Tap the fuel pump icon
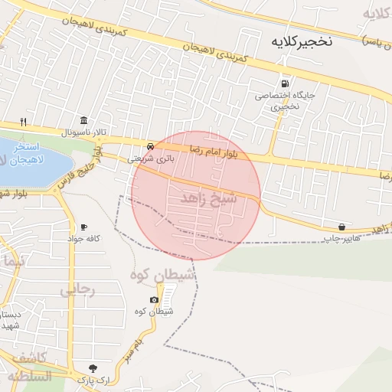click(x=285, y=83)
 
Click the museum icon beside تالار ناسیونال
click(x=83, y=121)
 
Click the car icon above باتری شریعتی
click(x=150, y=145)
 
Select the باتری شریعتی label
click(x=150, y=158)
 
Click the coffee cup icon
click(x=83, y=227)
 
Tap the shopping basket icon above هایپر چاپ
click(x=341, y=227)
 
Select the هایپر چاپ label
click(x=341, y=239)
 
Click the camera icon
click(x=155, y=299)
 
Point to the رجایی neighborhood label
click(x=76, y=289)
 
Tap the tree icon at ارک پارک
click(x=93, y=368)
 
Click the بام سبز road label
click(x=132, y=351)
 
